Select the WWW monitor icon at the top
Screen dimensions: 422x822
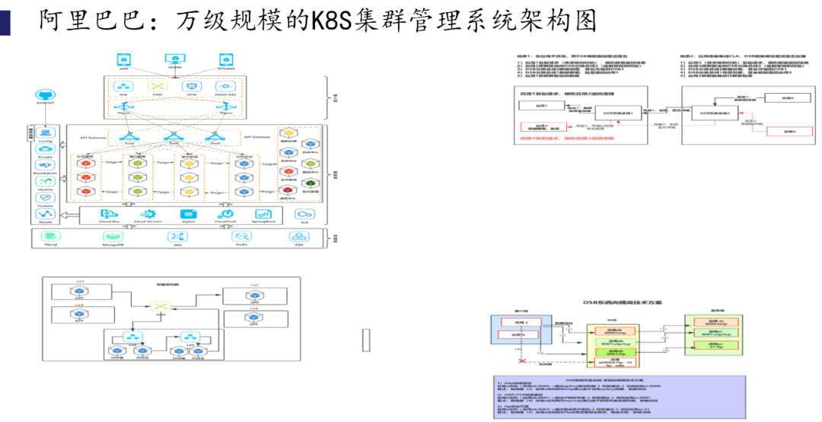coord(175,59)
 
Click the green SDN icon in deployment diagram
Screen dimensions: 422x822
coord(161,306)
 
